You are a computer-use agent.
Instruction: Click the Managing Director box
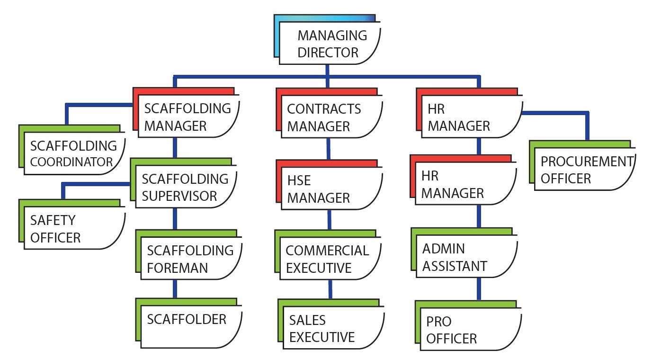330,44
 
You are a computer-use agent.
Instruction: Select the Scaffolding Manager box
188,117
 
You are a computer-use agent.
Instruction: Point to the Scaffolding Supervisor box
185,187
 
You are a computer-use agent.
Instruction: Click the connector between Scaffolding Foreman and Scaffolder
175,288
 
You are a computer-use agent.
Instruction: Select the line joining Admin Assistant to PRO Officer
479,288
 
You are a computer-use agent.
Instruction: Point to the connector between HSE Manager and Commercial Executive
329,219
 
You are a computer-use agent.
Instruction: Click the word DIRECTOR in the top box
328,53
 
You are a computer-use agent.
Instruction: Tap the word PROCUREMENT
587,162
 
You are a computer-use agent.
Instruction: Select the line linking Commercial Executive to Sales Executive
330,288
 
